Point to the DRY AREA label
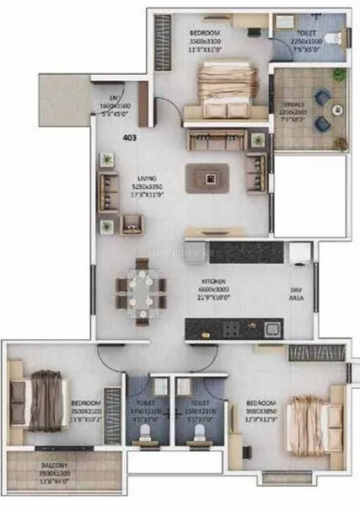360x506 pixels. click(x=296, y=292)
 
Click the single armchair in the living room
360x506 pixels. click(x=132, y=224)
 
